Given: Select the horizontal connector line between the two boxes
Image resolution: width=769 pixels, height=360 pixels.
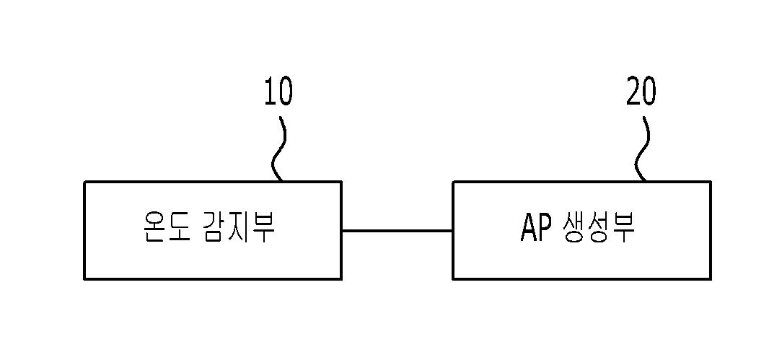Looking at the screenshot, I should pos(397,231).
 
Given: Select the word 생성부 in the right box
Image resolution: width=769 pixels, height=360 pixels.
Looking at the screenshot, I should pos(597,228).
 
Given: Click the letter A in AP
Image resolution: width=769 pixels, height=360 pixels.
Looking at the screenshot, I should pos(528,228).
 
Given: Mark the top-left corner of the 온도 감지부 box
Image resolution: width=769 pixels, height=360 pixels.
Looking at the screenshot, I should pos(85,182).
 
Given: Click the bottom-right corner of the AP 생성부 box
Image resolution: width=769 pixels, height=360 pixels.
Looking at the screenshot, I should pos(710,278).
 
